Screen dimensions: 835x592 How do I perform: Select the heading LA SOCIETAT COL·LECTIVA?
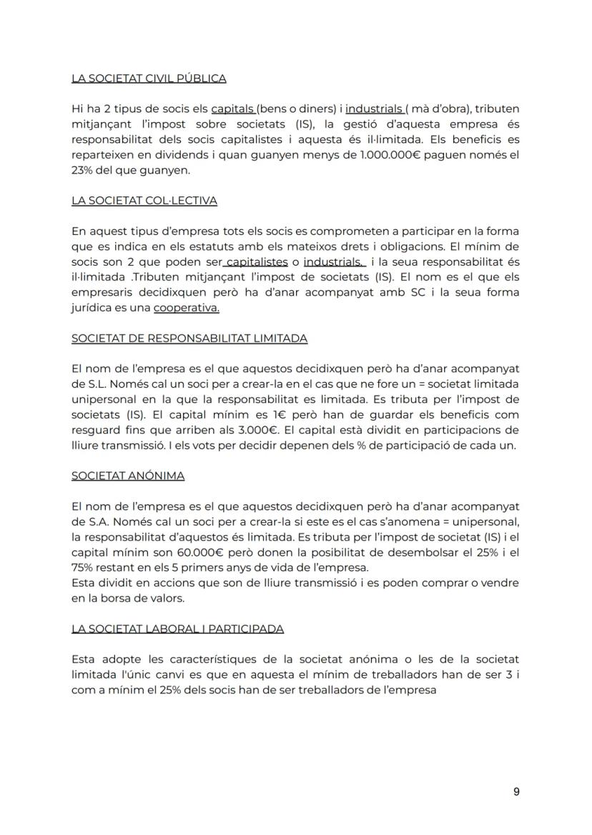coord(144,201)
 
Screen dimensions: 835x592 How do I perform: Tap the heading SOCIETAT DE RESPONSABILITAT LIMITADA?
coord(189,338)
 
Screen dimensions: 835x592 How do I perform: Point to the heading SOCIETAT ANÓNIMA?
coord(128,475)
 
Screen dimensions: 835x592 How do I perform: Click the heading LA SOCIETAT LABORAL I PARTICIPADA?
coord(177,629)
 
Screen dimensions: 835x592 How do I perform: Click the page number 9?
coord(516,791)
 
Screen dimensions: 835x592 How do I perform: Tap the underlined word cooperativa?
coord(187,308)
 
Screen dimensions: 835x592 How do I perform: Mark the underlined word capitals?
coord(233,109)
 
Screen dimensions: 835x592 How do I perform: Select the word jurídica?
coord(92,308)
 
